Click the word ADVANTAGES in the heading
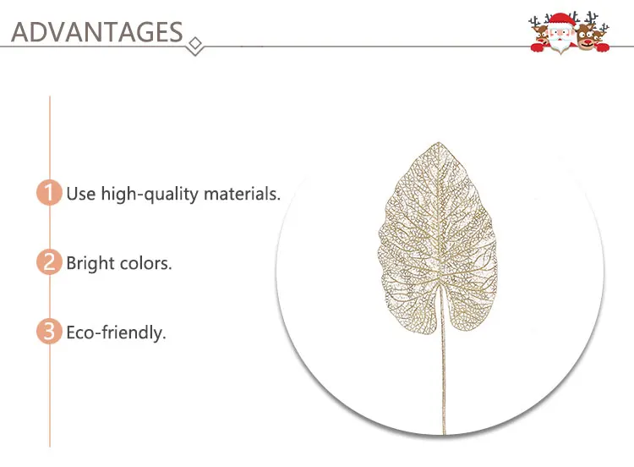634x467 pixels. [x=97, y=32]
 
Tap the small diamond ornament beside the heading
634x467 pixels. [x=196, y=45]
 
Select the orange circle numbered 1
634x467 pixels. [x=49, y=192]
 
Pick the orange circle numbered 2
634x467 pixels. [x=49, y=261]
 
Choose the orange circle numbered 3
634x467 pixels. [x=49, y=331]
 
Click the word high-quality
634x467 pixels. [x=149, y=195]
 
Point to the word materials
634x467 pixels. [x=242, y=194]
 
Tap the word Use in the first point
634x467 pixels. [x=81, y=194]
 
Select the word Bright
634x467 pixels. [x=90, y=263]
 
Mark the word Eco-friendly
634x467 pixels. [x=116, y=333]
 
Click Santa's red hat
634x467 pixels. [x=560, y=19]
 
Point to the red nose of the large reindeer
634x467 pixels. [x=588, y=41]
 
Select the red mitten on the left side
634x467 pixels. [x=538, y=47]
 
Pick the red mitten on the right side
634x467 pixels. [x=602, y=47]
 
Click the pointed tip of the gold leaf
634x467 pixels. [x=439, y=142]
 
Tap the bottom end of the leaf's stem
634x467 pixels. [x=444, y=433]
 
